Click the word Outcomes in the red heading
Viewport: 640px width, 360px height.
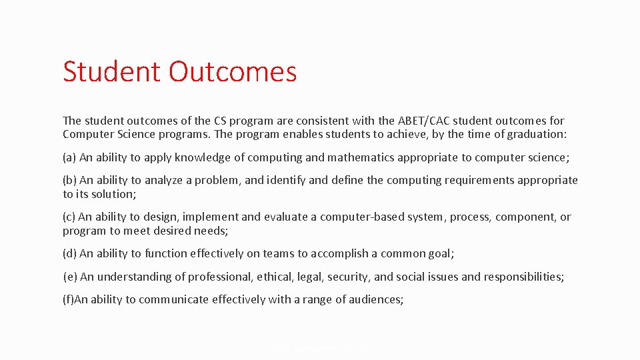click(233, 71)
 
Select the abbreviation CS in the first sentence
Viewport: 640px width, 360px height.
click(221, 121)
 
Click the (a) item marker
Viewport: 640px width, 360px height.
click(69, 157)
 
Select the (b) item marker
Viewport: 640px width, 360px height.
click(69, 180)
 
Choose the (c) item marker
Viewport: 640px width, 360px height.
click(69, 217)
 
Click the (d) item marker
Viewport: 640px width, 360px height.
click(69, 253)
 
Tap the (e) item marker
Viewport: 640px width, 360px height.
click(69, 277)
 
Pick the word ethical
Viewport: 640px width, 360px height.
click(277, 277)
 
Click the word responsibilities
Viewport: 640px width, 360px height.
click(523, 277)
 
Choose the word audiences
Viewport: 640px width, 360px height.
click(375, 299)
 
